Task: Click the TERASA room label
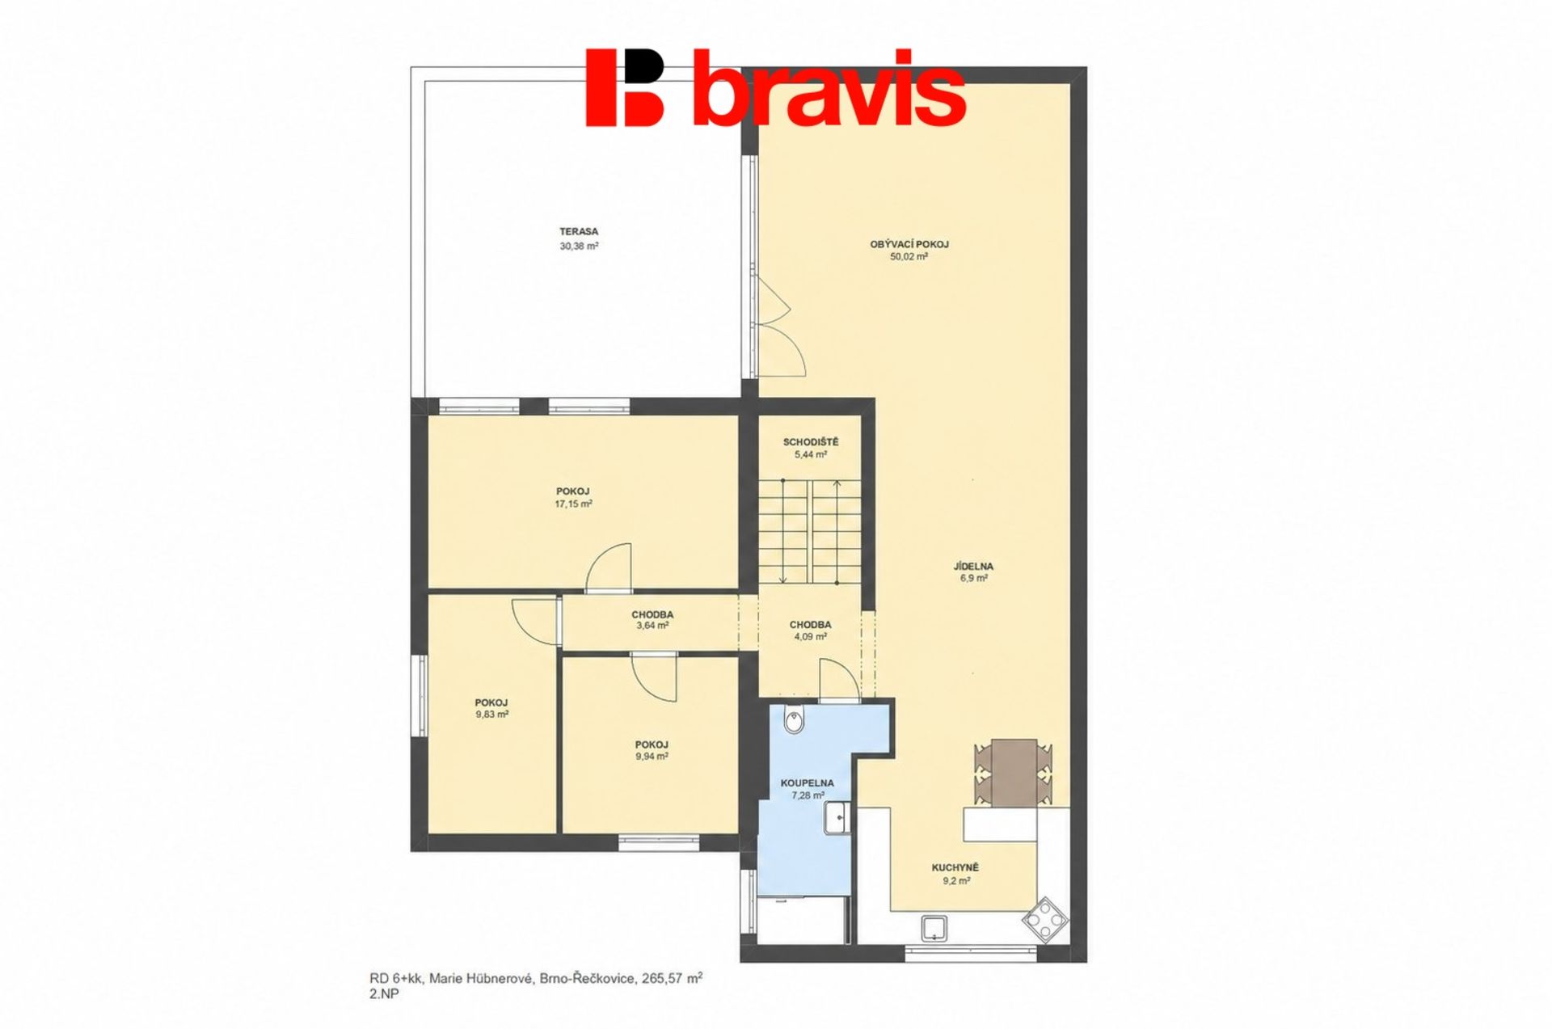click(579, 232)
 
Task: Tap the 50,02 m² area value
click(909, 256)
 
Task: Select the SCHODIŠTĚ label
click(811, 442)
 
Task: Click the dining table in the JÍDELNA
click(1014, 772)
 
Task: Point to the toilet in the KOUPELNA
click(795, 719)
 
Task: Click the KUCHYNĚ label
click(955, 868)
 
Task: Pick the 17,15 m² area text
click(573, 504)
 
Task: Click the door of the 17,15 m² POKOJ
click(609, 568)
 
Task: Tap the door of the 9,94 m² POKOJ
click(654, 677)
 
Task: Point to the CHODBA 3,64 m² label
click(652, 620)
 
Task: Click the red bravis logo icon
click(625, 87)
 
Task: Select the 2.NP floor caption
click(384, 994)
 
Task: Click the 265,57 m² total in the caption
click(672, 978)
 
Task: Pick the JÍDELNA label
click(973, 567)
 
